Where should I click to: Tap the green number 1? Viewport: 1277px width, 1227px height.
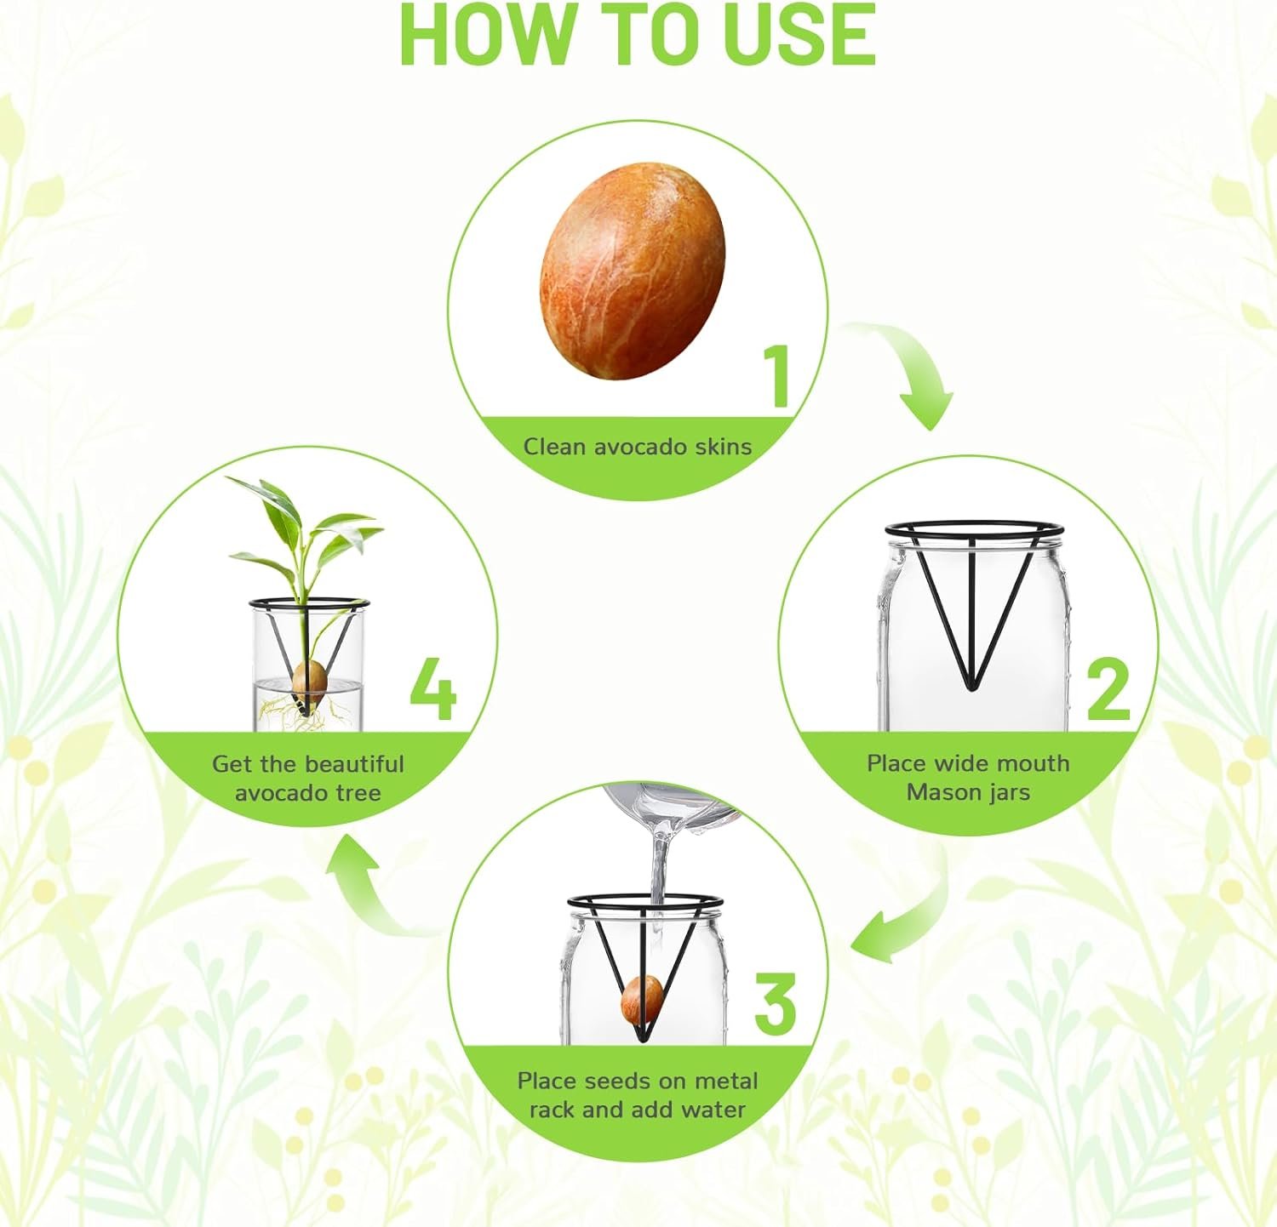(777, 376)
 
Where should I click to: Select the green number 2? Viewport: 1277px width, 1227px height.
(1108, 690)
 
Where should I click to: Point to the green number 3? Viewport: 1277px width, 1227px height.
(776, 1005)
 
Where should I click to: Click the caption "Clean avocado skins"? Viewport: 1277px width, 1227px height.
(638, 447)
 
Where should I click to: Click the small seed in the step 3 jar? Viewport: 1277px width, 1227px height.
(643, 999)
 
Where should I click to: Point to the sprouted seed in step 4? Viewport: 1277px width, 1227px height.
(309, 680)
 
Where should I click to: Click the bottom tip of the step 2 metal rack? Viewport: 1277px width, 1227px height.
(971, 686)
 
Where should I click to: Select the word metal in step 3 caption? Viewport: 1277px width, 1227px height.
(726, 1081)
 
